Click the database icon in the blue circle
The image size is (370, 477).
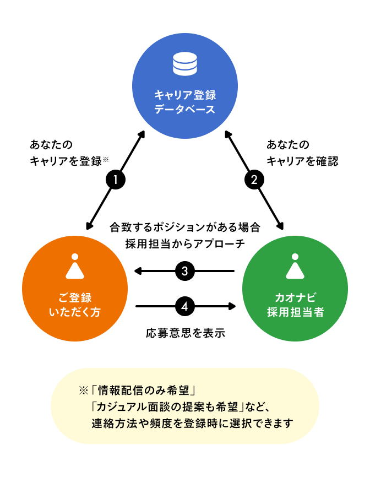(184, 64)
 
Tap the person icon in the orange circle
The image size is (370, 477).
(74, 267)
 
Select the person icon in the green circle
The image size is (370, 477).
(295, 267)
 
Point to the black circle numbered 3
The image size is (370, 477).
(185, 270)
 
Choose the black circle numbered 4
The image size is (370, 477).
(185, 306)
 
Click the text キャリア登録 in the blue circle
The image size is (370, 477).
(184, 94)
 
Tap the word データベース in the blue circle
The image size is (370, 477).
(184, 109)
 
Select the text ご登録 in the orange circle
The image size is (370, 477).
(74, 297)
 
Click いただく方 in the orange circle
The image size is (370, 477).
(74, 313)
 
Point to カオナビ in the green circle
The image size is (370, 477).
(295, 297)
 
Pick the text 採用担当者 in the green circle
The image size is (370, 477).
(295, 313)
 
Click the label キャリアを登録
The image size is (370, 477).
(66, 161)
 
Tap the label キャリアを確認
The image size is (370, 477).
(302, 161)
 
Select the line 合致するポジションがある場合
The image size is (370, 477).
(185, 227)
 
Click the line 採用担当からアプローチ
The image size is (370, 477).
(185, 243)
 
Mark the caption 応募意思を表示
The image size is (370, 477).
(185, 333)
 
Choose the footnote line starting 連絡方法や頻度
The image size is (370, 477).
(193, 424)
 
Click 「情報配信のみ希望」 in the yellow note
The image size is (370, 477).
(145, 391)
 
